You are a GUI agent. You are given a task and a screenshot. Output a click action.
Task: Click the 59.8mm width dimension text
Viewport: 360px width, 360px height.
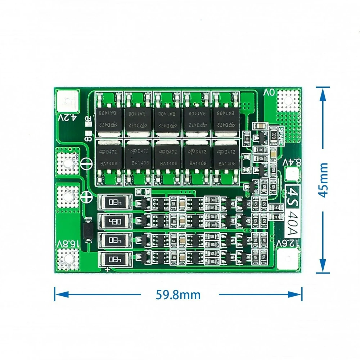point(178,295)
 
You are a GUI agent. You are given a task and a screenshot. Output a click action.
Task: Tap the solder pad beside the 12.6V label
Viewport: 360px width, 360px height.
point(290,259)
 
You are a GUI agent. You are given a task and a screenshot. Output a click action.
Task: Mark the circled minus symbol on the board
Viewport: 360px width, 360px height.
point(85,164)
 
